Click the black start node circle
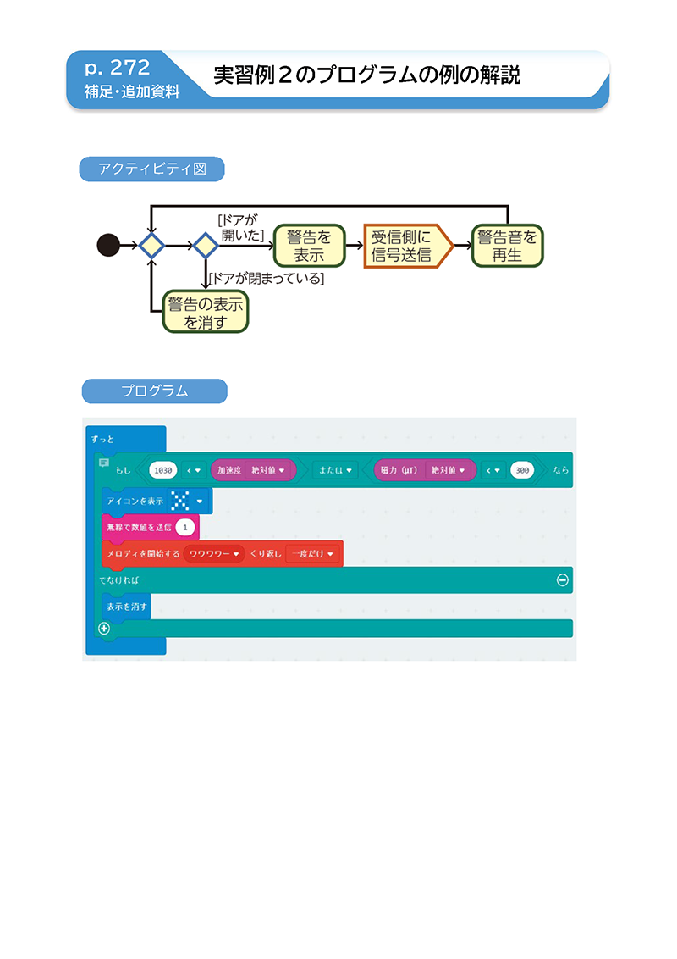(x=109, y=245)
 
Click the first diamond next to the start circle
(x=151, y=246)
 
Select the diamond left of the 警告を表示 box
(x=206, y=246)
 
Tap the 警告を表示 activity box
(x=309, y=246)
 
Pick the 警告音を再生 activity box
(x=507, y=246)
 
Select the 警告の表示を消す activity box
(x=206, y=312)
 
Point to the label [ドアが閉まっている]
(x=267, y=279)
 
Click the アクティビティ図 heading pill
(x=152, y=169)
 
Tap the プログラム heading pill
(x=155, y=391)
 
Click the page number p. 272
(x=118, y=67)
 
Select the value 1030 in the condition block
(x=163, y=470)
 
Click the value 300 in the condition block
(x=522, y=470)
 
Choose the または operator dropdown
(x=335, y=470)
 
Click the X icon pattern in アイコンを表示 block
(x=180, y=501)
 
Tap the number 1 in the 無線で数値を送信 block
(x=185, y=527)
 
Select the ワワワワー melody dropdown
(x=214, y=553)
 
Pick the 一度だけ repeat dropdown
(x=312, y=553)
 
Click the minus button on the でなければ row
(x=563, y=579)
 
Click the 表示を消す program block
(x=126, y=607)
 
